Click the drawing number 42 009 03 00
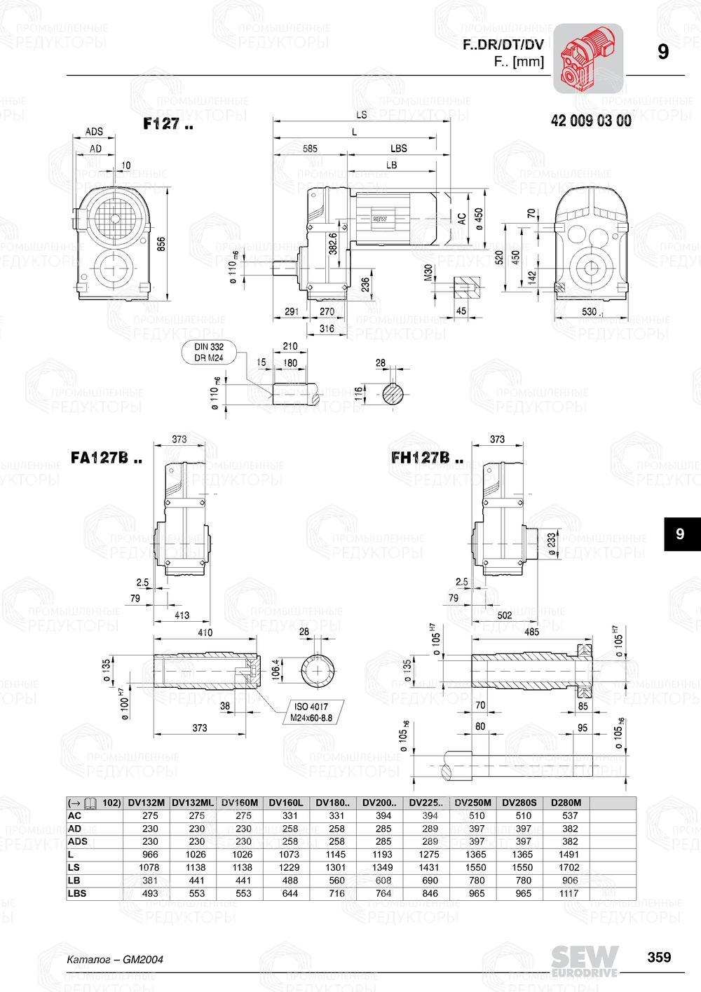point(591,121)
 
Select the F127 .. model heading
point(168,124)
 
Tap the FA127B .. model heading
point(106,458)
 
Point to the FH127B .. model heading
point(427,458)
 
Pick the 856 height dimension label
point(161,244)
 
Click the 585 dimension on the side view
point(310,149)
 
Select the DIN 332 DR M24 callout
point(209,352)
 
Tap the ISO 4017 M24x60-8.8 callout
point(311,712)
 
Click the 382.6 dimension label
point(333,243)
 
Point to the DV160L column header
point(290,803)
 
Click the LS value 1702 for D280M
point(569,867)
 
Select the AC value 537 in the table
point(570,815)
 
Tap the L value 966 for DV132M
point(150,855)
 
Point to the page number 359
point(659,957)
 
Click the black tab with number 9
point(680,534)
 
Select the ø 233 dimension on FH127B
point(551,544)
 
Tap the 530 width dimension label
point(590,312)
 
